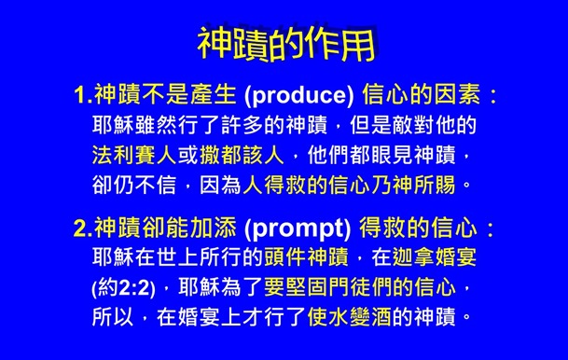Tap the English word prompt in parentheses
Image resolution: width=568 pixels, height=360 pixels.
click(x=286, y=229)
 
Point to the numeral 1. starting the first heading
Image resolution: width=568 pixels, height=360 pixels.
click(x=83, y=96)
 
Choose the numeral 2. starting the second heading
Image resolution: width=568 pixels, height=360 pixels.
click(x=83, y=229)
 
